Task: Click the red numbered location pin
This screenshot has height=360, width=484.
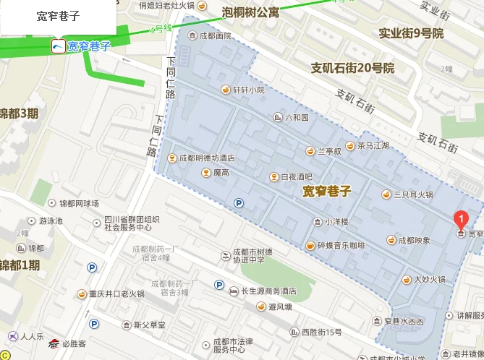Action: tap(459, 218)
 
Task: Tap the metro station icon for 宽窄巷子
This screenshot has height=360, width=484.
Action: tap(57, 46)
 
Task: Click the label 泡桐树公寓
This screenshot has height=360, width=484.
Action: tap(251, 12)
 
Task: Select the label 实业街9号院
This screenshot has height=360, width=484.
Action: tap(410, 33)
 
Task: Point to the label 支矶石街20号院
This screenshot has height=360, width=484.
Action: tap(352, 68)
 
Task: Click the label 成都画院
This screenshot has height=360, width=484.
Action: tap(215, 35)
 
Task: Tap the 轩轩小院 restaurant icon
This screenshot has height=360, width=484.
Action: tap(225, 90)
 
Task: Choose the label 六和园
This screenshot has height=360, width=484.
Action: tap(297, 117)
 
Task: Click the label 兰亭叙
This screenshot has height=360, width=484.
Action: tap(329, 151)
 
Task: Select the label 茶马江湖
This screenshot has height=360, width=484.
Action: tap(373, 145)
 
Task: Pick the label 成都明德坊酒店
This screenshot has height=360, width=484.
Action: tap(207, 158)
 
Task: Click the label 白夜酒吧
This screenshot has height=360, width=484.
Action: tap(296, 176)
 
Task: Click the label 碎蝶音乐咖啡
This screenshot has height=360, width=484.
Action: tap(341, 245)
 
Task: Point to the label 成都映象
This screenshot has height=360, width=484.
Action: tap(414, 240)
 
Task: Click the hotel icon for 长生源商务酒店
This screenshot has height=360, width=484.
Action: tap(233, 291)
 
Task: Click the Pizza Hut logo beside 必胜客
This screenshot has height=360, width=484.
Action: tap(52, 344)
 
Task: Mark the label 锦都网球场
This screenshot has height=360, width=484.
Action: tap(79, 204)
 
